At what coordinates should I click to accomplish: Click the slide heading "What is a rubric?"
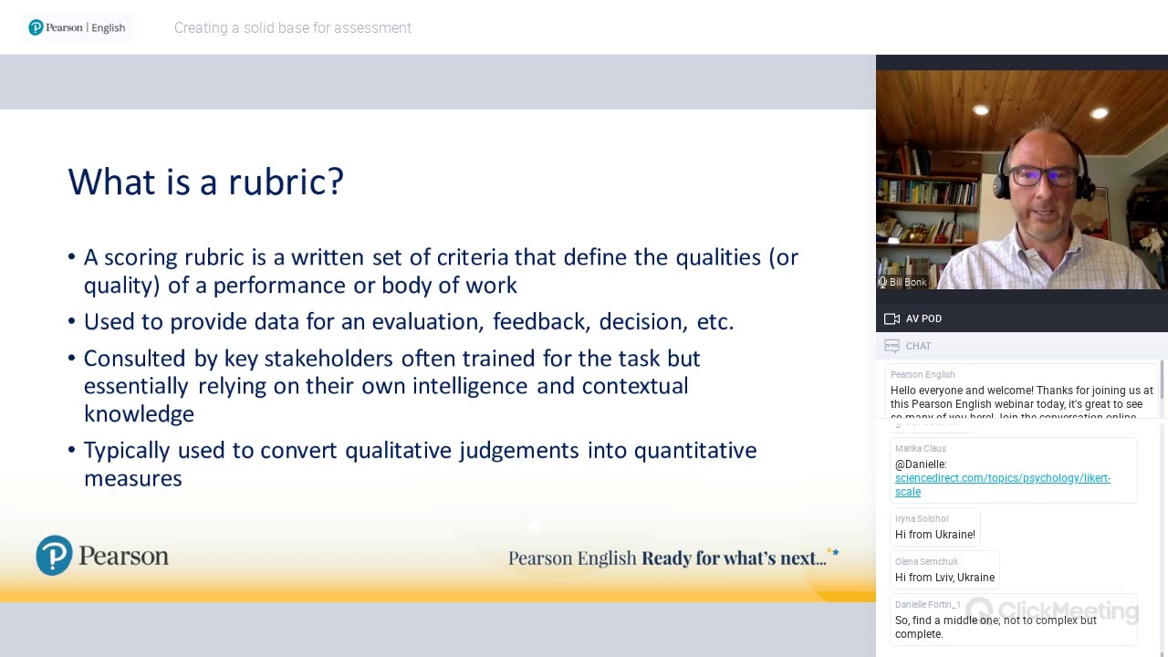tap(205, 182)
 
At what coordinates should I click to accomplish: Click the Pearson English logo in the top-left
tap(77, 27)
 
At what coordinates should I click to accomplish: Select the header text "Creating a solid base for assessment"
tap(292, 27)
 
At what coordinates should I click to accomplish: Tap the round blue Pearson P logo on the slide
tap(54, 555)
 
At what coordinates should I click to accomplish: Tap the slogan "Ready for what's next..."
tap(734, 558)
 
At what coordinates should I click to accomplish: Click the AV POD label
tap(923, 318)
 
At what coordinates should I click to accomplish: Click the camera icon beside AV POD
tap(892, 318)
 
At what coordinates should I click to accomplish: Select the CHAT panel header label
tap(918, 346)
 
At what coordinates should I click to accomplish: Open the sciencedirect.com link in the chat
tap(1002, 478)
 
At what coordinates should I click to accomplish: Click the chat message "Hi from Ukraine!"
tap(934, 535)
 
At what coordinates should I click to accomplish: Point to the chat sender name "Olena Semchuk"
tap(926, 562)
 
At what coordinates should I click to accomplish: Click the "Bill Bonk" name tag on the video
tap(907, 282)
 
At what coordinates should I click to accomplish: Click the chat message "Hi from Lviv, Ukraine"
tap(944, 578)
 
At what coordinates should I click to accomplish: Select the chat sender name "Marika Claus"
tap(920, 449)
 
